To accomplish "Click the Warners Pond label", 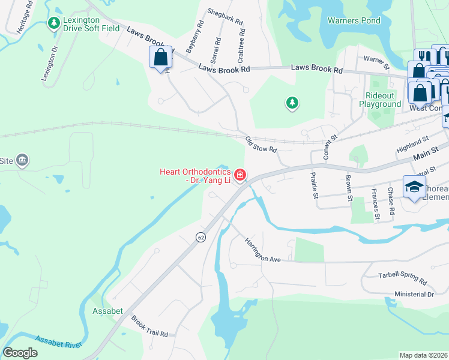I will click(354, 20).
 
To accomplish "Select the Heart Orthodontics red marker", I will click(240, 175).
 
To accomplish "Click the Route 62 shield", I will click(200, 237).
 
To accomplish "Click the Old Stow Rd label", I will click(261, 145).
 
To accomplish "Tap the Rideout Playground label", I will click(380, 100).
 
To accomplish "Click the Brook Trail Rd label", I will click(149, 326).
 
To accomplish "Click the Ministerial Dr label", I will click(414, 295).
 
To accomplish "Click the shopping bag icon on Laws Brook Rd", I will click(160, 58).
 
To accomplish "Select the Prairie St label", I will click(313, 184).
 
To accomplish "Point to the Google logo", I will click(20, 353).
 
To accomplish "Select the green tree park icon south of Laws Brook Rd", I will click(292, 103).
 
